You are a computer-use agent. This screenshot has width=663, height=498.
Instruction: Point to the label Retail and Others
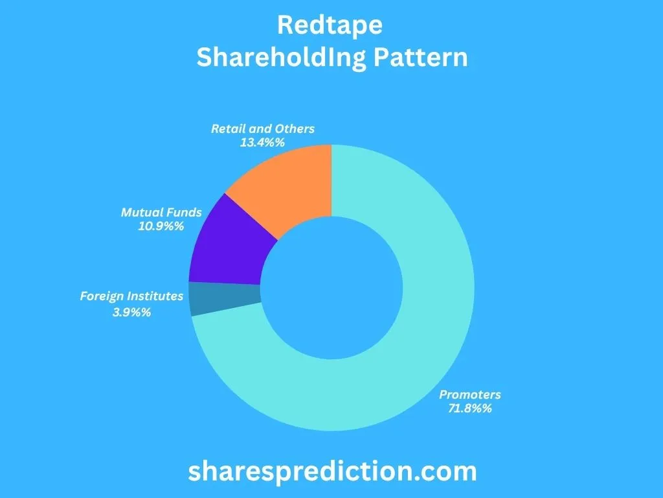click(x=263, y=128)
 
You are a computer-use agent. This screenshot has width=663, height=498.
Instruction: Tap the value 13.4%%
click(x=263, y=142)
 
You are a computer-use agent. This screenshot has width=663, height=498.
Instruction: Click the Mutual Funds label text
click(x=162, y=212)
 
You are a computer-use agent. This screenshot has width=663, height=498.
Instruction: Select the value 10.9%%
click(x=162, y=226)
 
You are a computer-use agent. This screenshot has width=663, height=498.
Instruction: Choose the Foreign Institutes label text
click(x=131, y=296)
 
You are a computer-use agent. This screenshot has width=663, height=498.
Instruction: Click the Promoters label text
click(x=470, y=394)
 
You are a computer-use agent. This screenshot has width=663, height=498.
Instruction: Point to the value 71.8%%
click(x=470, y=409)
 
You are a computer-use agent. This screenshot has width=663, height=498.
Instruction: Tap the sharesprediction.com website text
click(x=332, y=471)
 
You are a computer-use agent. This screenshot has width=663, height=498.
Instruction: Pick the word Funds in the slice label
click(x=185, y=212)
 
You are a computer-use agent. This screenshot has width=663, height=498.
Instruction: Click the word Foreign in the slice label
click(x=100, y=296)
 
